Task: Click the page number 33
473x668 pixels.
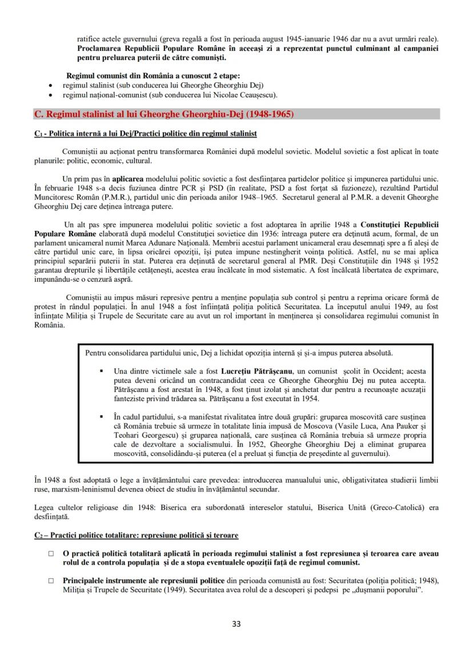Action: (236, 623)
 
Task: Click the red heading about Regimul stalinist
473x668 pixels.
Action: (164, 114)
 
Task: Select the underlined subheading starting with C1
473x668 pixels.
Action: (145, 134)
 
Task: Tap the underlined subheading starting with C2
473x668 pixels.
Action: (136, 535)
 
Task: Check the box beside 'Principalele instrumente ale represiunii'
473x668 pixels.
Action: (51, 581)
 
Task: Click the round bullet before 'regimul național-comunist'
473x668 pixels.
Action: (51, 94)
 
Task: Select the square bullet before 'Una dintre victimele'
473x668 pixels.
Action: (102, 371)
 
